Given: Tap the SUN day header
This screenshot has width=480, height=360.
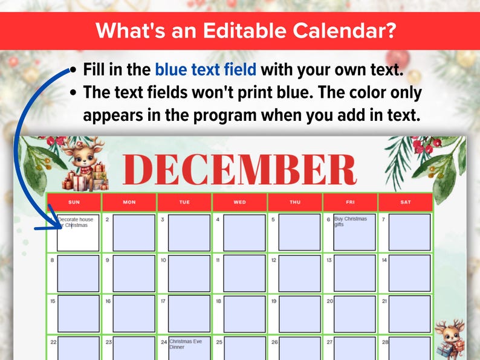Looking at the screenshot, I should coord(74,202).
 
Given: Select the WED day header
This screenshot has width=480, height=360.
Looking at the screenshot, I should coord(240,202).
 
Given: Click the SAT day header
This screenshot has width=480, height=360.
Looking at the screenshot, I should coord(405,202).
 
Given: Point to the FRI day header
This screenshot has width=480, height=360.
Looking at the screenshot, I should coord(350,202).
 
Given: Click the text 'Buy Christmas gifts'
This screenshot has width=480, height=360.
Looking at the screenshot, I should coord(350,221).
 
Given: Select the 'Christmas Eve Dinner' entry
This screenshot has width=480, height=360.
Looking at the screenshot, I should coord(186,344).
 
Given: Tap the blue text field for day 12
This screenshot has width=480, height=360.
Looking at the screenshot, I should coord(299,273).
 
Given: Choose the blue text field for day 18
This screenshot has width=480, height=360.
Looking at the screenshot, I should coord(244,313).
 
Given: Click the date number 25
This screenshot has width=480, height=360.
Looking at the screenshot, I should coord(219,342).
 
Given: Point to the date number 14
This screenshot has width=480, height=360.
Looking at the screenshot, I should coord(384,260).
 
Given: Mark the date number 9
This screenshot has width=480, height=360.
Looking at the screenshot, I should coord(108,260).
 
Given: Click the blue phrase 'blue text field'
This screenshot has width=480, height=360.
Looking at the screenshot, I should coord(206,69).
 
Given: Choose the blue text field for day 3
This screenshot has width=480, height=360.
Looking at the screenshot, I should coord(189,232).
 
